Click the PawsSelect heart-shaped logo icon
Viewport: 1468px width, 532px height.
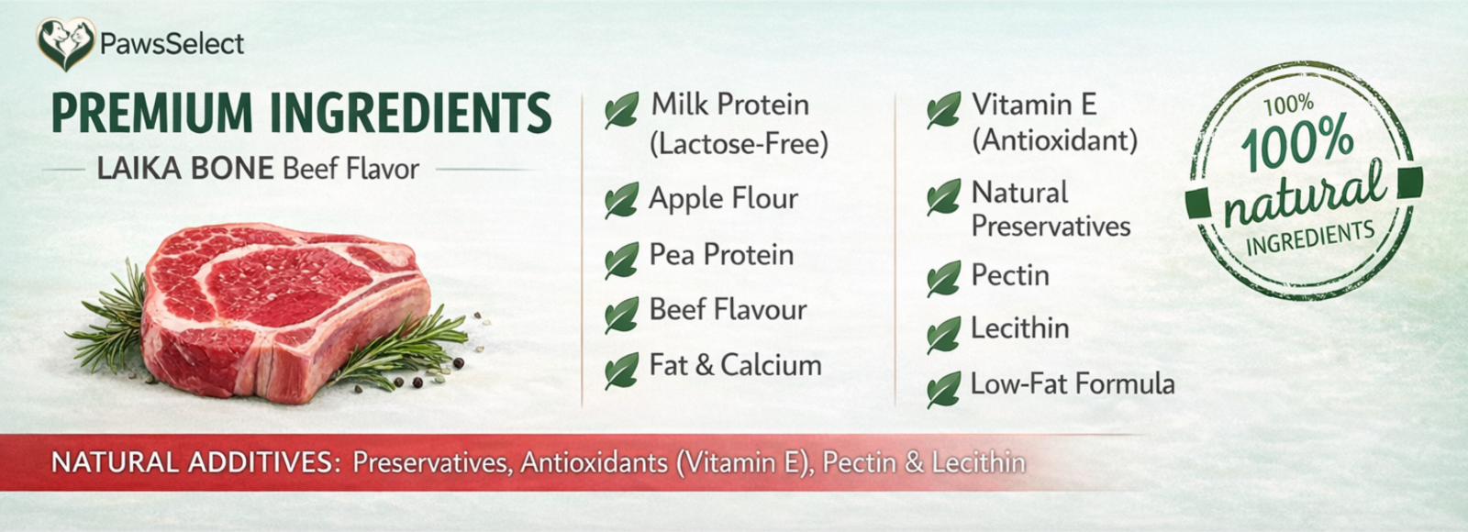point(65,44)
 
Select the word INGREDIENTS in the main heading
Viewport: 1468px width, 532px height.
point(411,113)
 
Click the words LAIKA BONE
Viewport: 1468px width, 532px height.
point(185,169)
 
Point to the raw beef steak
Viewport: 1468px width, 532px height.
point(286,311)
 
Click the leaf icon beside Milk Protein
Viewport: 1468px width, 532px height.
point(621,109)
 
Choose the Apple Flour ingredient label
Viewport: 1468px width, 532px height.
point(724,198)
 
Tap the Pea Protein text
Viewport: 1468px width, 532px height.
point(721,254)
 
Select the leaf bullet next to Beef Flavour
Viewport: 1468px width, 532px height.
point(621,316)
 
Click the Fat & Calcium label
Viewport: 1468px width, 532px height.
point(735,365)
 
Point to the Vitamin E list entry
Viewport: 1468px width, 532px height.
point(1054,123)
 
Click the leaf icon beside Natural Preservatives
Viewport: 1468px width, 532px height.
point(944,197)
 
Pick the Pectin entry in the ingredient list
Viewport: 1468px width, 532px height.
point(1010,274)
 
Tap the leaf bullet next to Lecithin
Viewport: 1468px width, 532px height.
point(944,335)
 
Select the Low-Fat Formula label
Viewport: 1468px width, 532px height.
point(1073,384)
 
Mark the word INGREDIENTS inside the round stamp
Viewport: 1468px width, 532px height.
point(1310,238)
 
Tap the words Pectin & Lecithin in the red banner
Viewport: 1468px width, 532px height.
point(924,462)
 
